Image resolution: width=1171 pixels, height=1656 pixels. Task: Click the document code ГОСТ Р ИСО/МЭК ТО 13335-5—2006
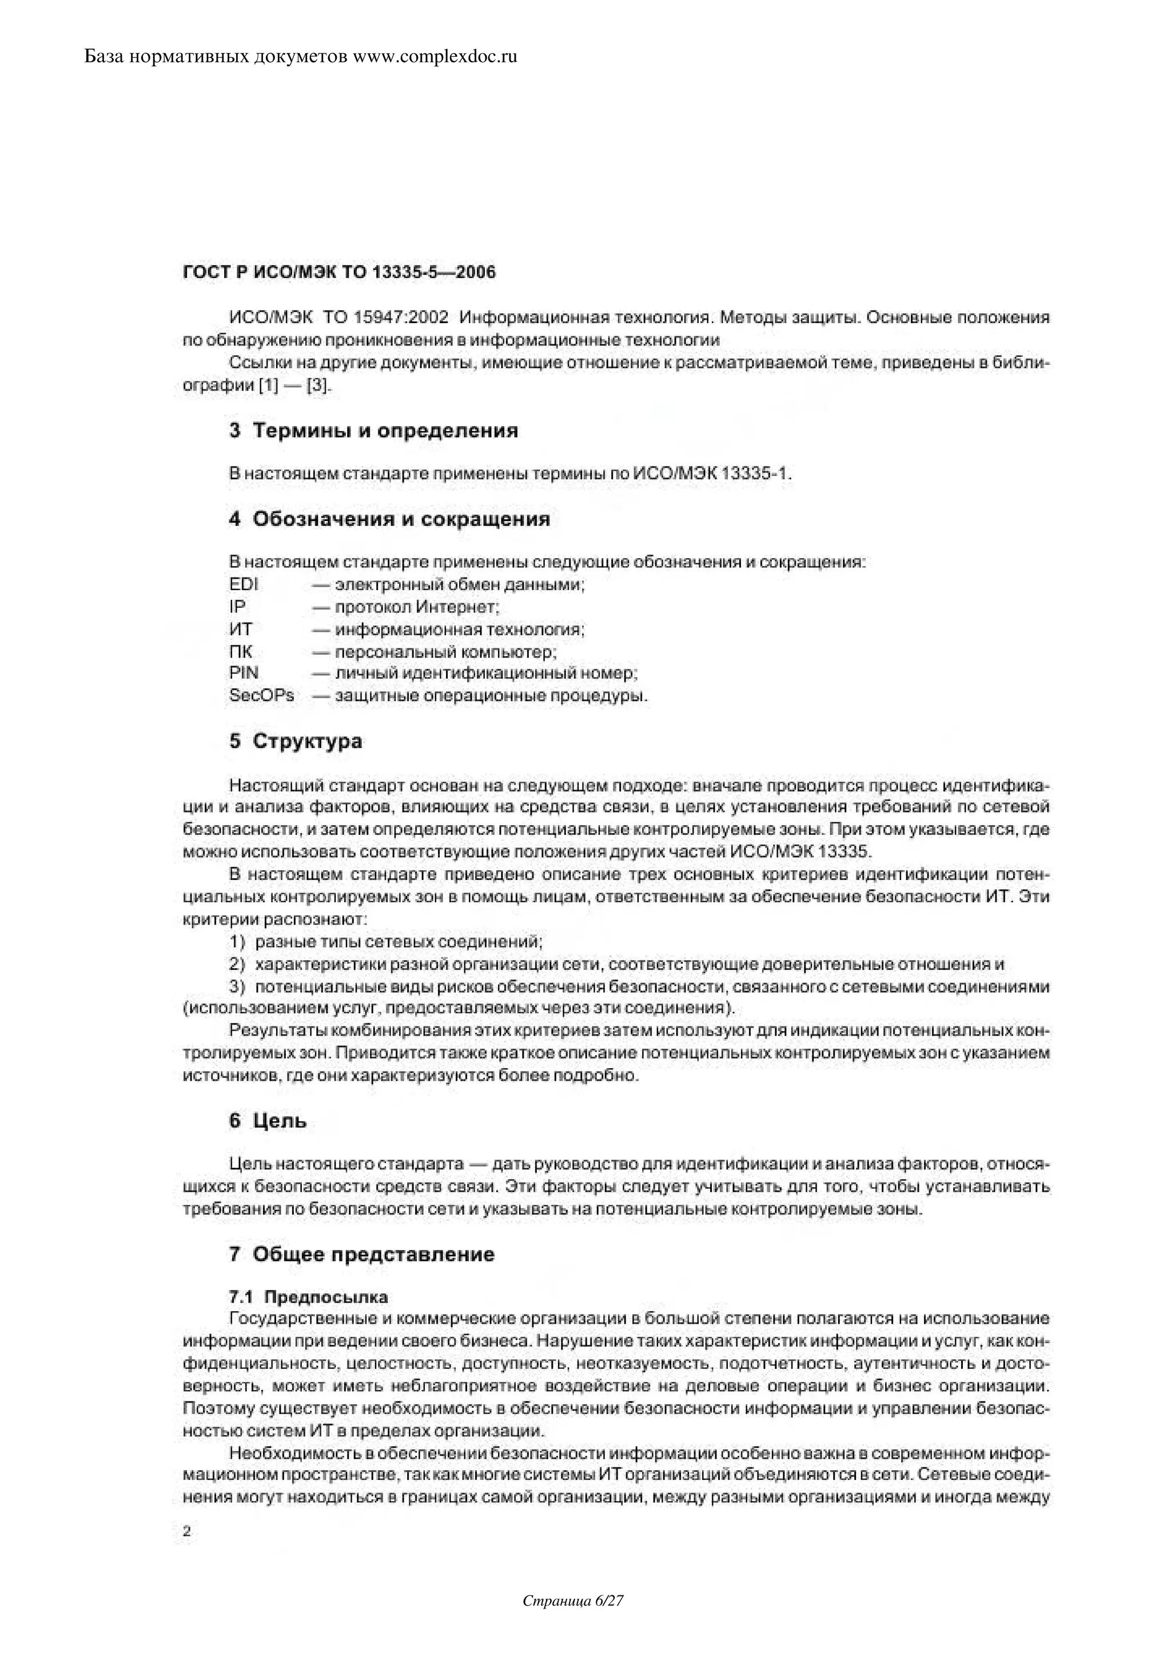click(340, 273)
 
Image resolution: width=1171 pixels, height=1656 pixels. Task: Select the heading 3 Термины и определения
click(373, 431)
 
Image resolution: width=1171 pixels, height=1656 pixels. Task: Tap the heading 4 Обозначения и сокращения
click(389, 519)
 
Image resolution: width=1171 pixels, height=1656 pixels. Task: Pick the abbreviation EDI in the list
click(244, 584)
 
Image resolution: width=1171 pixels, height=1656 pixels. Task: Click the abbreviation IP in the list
click(237, 607)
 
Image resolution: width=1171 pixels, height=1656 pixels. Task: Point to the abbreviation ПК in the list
click(241, 651)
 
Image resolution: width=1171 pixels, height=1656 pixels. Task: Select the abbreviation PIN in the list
click(244, 673)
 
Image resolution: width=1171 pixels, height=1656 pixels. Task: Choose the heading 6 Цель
click(268, 1121)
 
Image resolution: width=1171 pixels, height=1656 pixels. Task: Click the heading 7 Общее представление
click(362, 1254)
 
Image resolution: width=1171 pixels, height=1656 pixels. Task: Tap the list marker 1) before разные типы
click(238, 942)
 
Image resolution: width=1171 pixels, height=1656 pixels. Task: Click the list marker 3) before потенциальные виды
click(238, 986)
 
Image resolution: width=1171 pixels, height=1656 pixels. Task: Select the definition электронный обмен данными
click(460, 584)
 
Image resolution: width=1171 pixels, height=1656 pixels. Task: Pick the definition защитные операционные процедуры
click(491, 696)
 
